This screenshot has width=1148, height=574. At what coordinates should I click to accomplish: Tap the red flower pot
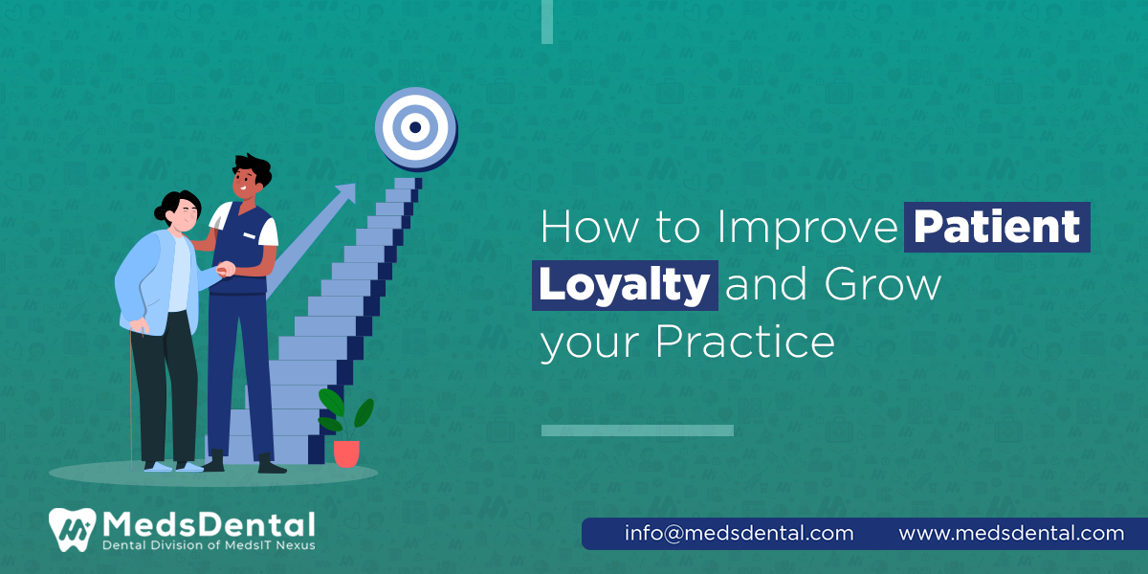tap(346, 453)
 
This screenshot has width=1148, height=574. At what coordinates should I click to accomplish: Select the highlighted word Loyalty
tap(624, 286)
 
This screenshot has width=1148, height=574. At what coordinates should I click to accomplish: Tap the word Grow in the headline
tap(885, 286)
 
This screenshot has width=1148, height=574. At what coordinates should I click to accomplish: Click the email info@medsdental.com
tap(739, 533)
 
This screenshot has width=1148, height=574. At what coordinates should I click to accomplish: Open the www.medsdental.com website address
tap(1011, 533)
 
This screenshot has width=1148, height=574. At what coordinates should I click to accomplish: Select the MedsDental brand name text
tap(209, 524)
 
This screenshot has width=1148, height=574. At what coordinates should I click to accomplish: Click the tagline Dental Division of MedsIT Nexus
tap(209, 545)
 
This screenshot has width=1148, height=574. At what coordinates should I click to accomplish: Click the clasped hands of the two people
tap(225, 270)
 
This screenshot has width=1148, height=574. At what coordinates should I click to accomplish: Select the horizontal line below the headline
tap(637, 430)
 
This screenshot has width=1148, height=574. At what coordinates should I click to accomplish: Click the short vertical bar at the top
tap(547, 21)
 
